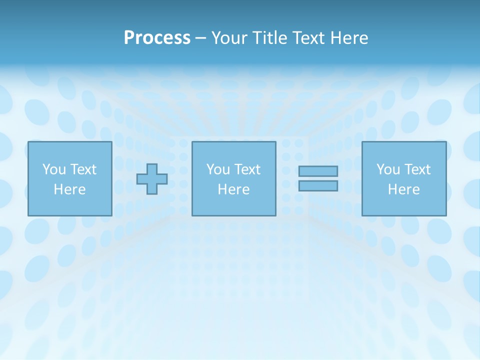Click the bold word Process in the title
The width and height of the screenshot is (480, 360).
coord(157,38)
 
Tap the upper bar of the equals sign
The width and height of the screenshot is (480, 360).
coord(318,171)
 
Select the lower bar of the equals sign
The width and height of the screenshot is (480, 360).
coord(318,185)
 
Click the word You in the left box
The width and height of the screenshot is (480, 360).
coord(54,169)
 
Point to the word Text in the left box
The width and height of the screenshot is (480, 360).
coord(83,169)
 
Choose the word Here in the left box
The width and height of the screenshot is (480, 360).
coord(69,189)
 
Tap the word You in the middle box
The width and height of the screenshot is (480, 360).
coord(218,169)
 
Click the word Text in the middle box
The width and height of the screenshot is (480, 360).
coord(247,169)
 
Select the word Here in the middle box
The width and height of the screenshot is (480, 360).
coord(233,189)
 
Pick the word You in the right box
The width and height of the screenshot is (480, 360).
coord(388,169)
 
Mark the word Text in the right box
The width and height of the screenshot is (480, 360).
coord(417,169)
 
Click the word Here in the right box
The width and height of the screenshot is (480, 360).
coord(403,189)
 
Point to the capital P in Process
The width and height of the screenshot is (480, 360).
coord(129,38)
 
